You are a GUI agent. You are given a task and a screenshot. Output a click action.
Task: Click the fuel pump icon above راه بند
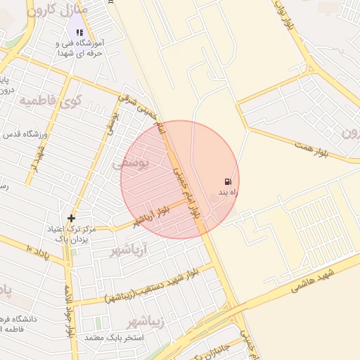(228, 181)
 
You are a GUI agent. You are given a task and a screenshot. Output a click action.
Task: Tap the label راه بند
(227, 192)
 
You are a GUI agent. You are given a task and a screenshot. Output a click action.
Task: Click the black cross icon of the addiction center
(71, 219)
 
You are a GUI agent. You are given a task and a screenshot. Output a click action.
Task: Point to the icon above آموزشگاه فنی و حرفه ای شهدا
(79, 32)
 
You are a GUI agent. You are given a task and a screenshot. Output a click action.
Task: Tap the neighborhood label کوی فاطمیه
(51, 101)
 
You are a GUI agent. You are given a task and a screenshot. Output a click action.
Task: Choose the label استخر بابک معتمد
(114, 338)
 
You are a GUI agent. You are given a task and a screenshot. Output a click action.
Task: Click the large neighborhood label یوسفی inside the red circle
(131, 163)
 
